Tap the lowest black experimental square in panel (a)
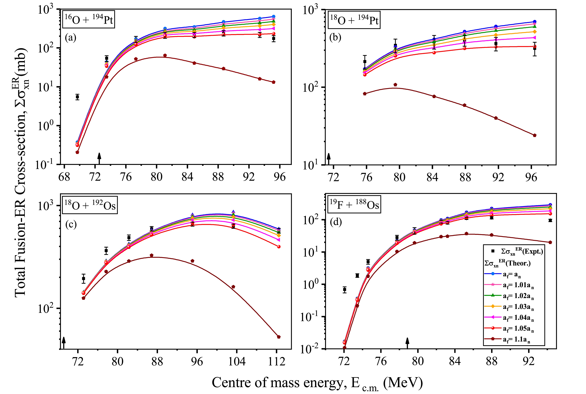pyautogui.click(x=77, y=97)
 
